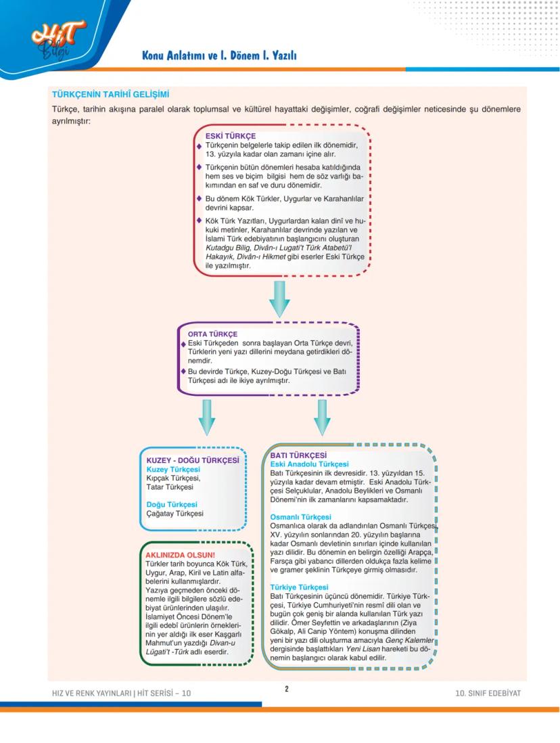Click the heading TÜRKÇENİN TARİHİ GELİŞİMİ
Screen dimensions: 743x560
click(x=110, y=94)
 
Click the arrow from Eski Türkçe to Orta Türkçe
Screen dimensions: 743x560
click(x=279, y=298)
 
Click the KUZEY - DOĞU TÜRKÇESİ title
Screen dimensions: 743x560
click(x=193, y=460)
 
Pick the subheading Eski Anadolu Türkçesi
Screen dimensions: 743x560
click(x=309, y=464)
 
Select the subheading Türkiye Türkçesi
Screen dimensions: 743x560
click(x=299, y=587)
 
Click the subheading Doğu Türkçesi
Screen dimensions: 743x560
click(x=172, y=504)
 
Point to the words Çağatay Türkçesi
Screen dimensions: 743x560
click(x=174, y=514)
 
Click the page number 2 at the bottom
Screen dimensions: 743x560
click(x=286, y=689)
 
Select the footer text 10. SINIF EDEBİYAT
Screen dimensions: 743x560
click(x=488, y=693)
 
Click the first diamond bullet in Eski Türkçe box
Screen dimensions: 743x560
click(x=200, y=145)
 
